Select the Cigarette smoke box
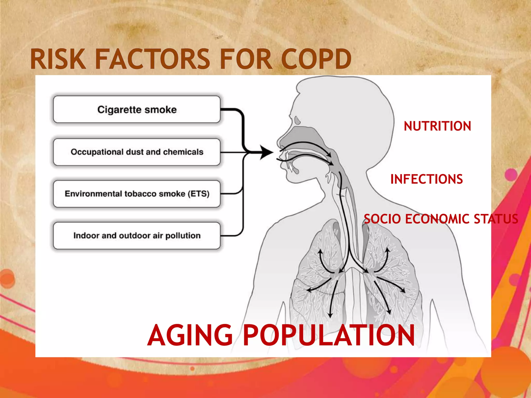(137, 109)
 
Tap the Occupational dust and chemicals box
(137, 152)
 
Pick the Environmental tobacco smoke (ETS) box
(137, 194)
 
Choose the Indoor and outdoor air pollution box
(137, 236)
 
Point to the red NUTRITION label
(437, 126)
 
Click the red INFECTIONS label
(427, 179)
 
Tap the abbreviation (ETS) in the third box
(199, 194)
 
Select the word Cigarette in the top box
(119, 110)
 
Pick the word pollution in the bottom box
(183, 236)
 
